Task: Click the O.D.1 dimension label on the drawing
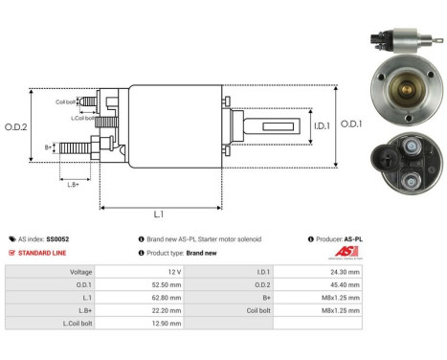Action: (351, 123)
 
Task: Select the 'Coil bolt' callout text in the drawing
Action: (66, 101)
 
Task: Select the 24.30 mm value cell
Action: (346, 272)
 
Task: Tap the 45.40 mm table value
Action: (346, 284)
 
